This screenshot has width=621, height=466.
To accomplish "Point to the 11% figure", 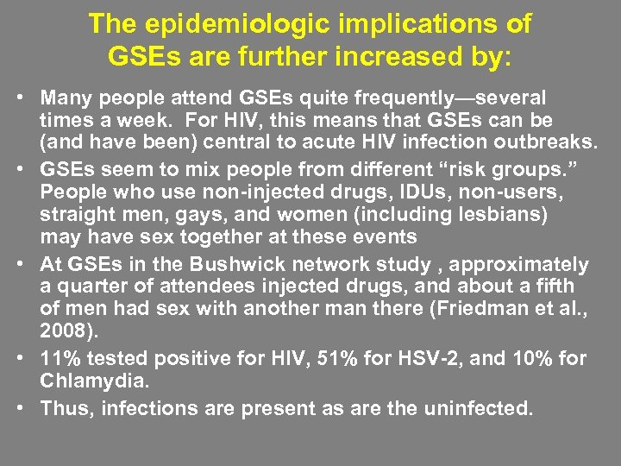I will tap(60, 358).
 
